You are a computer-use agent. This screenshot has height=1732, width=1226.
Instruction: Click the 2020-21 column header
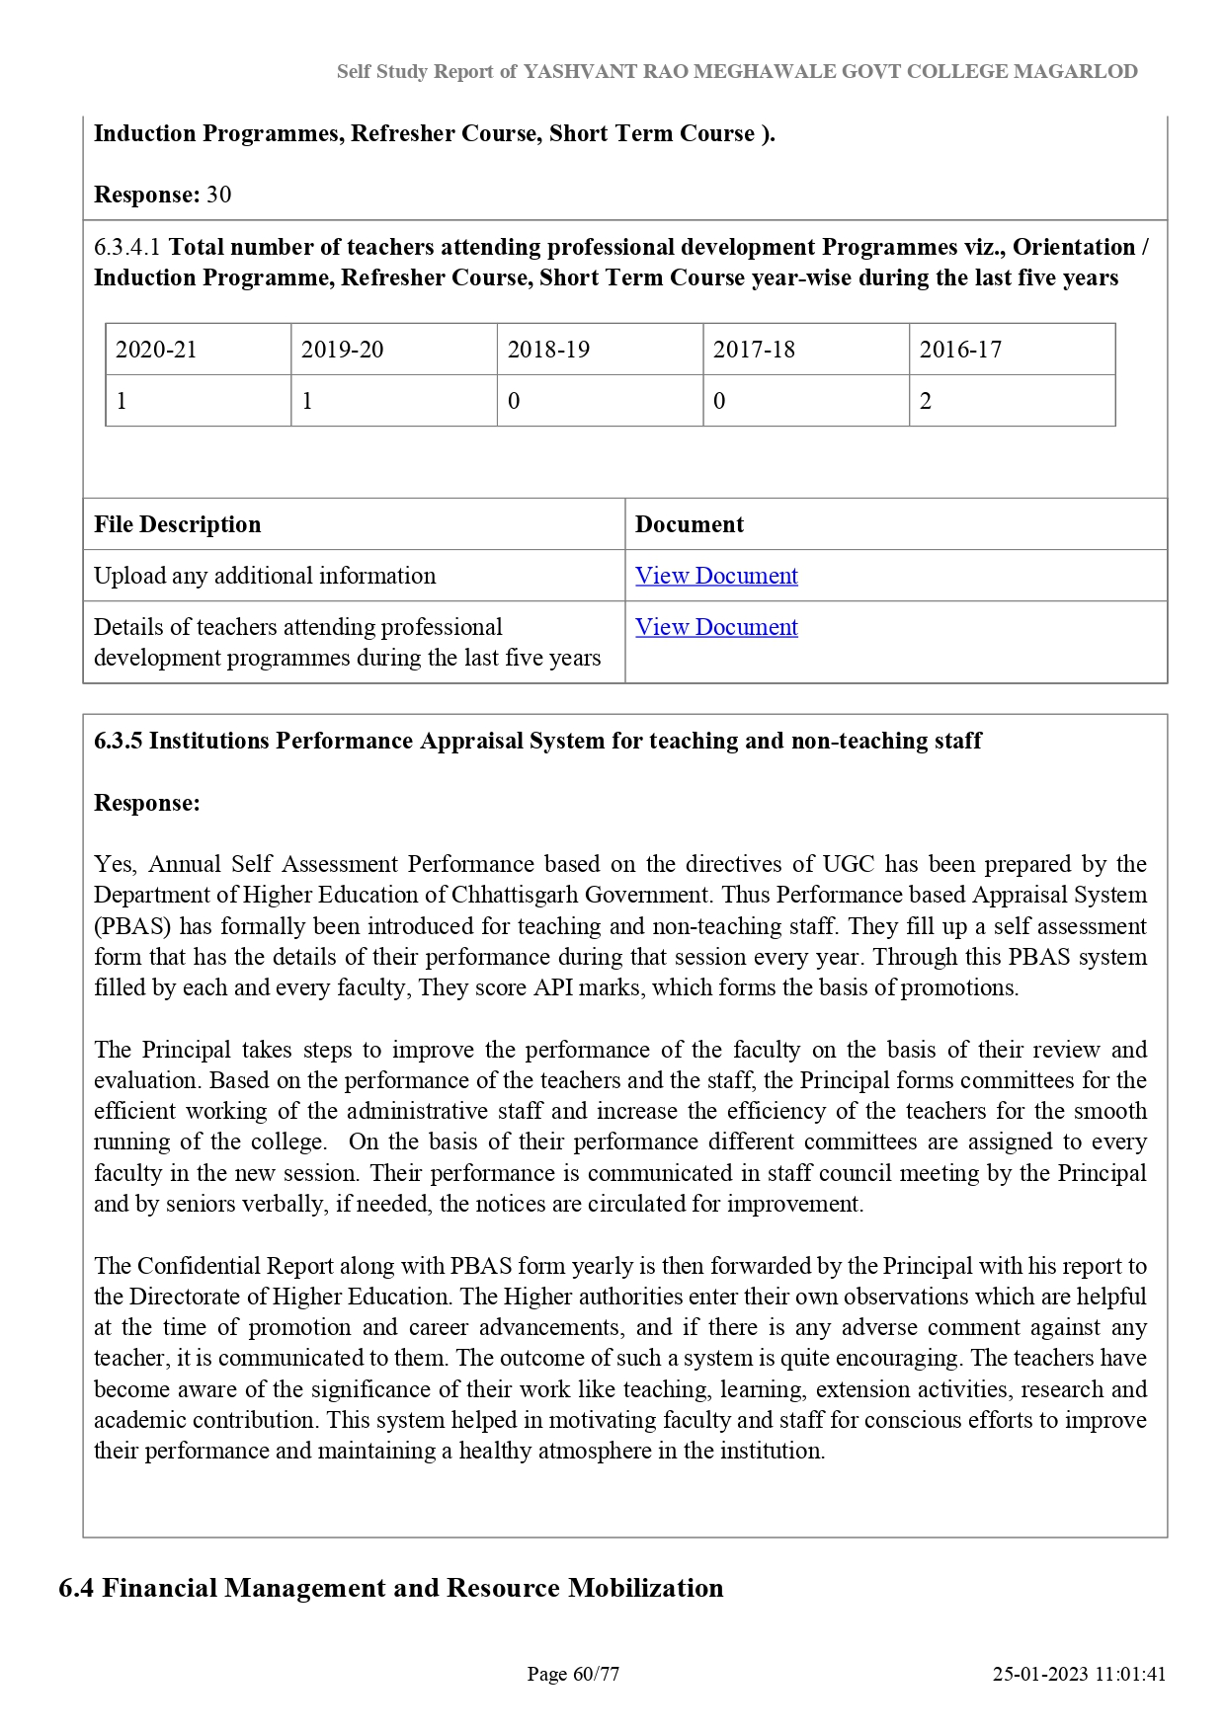point(156,350)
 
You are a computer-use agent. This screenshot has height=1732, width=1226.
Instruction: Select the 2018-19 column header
point(548,350)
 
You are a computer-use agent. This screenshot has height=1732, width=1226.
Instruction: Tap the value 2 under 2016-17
point(926,401)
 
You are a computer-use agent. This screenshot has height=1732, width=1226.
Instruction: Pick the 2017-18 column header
point(754,350)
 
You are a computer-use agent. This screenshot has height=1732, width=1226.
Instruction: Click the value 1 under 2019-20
point(307,401)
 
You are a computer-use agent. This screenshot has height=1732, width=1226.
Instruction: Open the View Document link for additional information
point(716,576)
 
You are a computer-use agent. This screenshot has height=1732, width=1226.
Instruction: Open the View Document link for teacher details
point(716,627)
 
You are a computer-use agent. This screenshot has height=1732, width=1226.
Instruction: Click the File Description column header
point(178,524)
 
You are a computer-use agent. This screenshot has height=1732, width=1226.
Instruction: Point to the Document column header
point(690,524)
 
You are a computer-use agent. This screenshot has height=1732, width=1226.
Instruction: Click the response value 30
point(219,195)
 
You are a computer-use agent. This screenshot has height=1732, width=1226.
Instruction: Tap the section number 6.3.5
point(119,741)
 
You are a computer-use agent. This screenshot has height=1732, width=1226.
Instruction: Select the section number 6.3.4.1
point(127,247)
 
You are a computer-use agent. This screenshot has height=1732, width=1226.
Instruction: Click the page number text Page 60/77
point(573,1674)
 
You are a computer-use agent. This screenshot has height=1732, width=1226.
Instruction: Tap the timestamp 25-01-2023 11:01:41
point(1079,1674)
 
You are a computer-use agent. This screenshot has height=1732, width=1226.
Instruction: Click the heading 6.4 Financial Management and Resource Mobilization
point(391,1588)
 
